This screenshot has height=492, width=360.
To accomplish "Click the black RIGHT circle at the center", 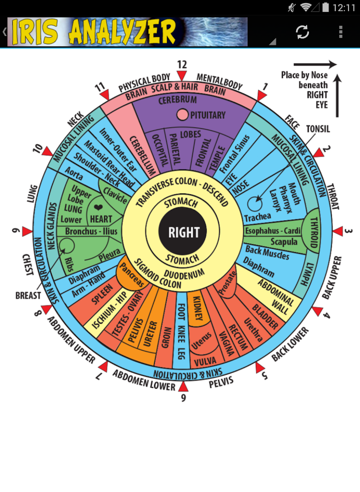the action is tap(184, 232).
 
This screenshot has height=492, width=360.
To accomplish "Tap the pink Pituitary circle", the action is tap(183, 115).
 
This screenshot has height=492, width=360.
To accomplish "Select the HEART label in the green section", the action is tap(101, 219).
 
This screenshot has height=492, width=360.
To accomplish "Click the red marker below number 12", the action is tap(182, 76).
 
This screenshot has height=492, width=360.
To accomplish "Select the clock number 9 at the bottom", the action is tap(183, 398).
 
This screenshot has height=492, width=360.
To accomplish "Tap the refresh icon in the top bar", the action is tap(303, 32).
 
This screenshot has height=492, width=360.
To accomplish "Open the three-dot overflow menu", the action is tap(341, 32).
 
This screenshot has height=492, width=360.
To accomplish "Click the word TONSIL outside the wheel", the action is tap(318, 129).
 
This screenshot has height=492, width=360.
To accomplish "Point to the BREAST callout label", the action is tap(28, 296).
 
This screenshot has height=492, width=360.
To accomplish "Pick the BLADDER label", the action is tap(265, 317).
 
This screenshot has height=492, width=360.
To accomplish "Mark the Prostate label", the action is tap(228, 283).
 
